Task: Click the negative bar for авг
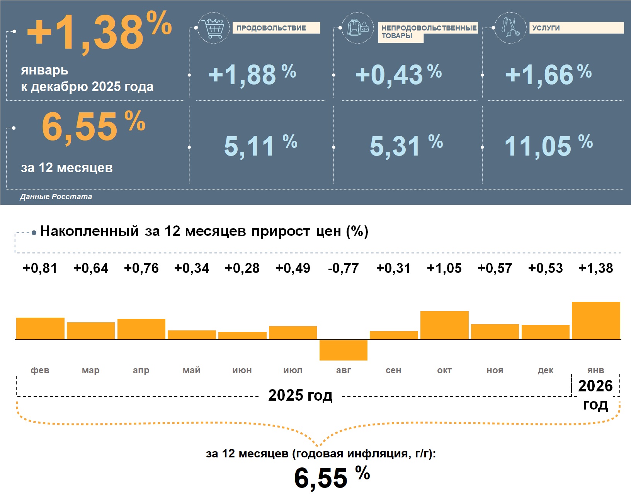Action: (x=343, y=350)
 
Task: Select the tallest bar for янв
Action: (x=596, y=320)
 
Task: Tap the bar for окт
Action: (x=444, y=325)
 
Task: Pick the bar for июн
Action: (x=242, y=335)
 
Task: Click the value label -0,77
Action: (x=343, y=268)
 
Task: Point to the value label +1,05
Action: (x=444, y=268)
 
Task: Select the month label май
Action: (x=192, y=370)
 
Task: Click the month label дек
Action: (x=546, y=370)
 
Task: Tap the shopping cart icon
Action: (x=213, y=27)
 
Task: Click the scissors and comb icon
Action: (x=510, y=27)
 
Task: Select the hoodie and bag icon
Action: (x=358, y=27)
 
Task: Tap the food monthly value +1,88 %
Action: (x=252, y=74)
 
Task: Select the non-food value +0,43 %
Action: (x=398, y=74)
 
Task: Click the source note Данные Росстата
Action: (x=56, y=196)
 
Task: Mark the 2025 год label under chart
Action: (x=300, y=395)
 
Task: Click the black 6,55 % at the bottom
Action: (x=332, y=477)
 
